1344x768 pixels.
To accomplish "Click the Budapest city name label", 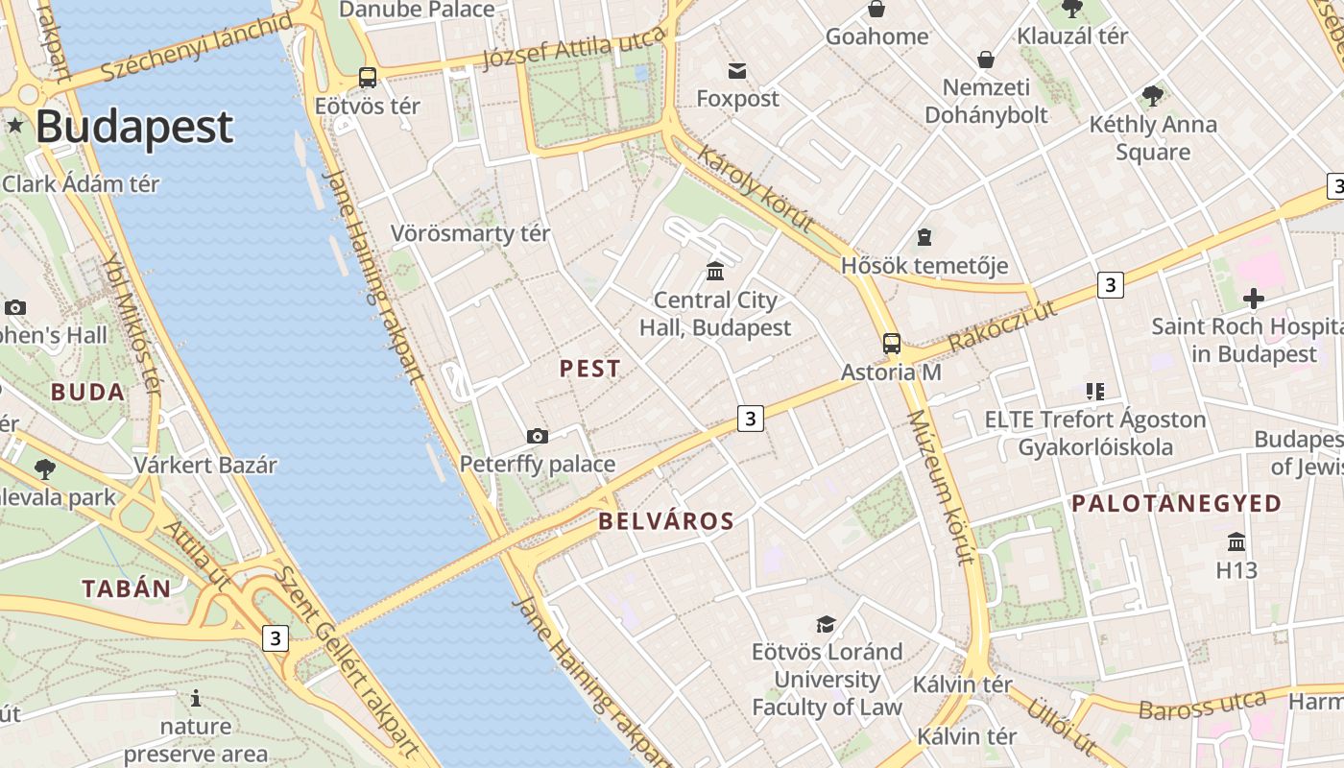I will tap(134, 127).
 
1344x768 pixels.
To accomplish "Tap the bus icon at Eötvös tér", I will tap(367, 78).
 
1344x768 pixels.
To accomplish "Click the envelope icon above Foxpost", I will tap(737, 70).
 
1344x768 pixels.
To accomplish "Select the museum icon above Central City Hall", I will tap(715, 271).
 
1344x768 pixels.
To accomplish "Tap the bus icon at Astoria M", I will tap(892, 343).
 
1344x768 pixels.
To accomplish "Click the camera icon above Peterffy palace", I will tap(538, 436).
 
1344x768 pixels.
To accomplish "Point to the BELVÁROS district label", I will tap(666, 521).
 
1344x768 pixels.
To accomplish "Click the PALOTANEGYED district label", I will tap(1176, 503).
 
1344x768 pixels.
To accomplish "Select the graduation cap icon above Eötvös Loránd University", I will tap(826, 624).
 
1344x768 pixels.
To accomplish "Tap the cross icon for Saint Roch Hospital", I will tap(1253, 298).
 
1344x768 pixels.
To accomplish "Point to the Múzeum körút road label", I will tap(941, 487).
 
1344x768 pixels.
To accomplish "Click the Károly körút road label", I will tap(756, 190).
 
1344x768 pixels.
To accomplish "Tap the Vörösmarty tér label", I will tap(470, 233).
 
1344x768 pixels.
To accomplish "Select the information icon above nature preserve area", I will tap(196, 698).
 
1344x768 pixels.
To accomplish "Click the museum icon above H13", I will tap(1236, 542).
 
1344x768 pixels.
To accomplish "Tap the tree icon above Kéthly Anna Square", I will tap(1153, 96).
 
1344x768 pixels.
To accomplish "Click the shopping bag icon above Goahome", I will tap(876, 10).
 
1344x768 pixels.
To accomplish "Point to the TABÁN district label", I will tap(126, 588).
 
